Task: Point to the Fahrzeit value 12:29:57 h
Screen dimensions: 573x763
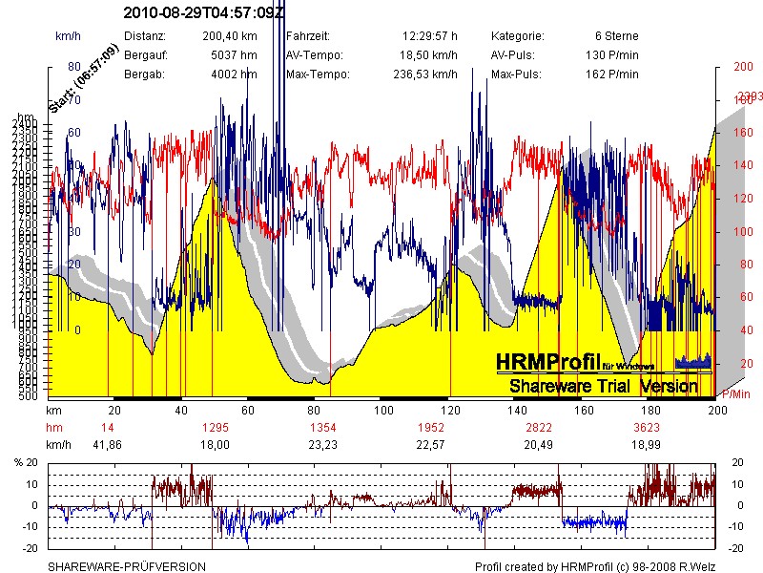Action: (429, 36)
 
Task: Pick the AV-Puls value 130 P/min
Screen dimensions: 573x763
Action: (611, 55)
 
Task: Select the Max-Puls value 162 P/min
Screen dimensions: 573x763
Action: (611, 74)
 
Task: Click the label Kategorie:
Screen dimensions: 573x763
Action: (519, 36)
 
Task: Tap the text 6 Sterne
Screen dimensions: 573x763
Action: (616, 36)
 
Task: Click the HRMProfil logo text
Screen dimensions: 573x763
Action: (547, 363)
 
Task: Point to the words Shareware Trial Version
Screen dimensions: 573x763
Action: (604, 387)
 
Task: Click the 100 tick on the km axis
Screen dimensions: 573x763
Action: (383, 410)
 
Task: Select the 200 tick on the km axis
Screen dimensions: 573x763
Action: (716, 410)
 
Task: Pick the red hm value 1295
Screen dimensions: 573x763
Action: (217, 428)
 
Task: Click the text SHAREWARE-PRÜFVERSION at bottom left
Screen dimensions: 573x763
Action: (127, 566)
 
